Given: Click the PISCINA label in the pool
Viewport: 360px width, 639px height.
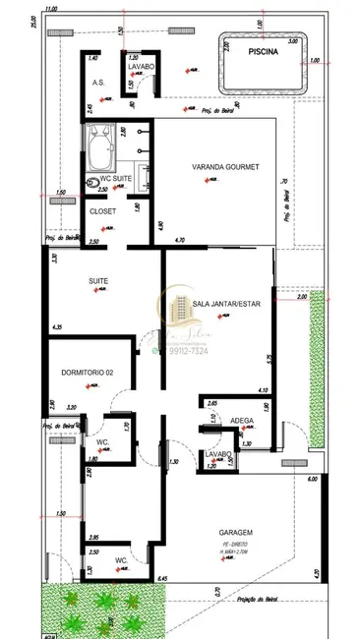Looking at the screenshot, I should [x=263, y=56].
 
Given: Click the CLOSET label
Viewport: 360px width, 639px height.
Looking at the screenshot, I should [x=102, y=211].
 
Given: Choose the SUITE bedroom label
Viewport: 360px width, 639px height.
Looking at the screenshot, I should [x=98, y=281].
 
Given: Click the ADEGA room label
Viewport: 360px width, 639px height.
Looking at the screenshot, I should [x=242, y=420].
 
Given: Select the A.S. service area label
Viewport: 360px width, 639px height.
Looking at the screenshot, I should [x=98, y=85].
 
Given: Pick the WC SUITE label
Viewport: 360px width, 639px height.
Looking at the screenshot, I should [x=116, y=180].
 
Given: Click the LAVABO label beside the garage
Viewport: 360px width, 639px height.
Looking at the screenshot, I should [x=217, y=454].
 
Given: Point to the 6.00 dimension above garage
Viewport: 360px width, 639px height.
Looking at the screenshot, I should [x=312, y=479].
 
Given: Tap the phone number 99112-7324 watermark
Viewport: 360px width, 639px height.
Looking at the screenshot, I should [x=183, y=351].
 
